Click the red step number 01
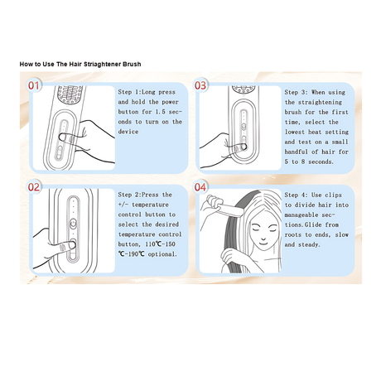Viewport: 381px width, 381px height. [33, 85]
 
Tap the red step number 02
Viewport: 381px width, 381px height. [34, 187]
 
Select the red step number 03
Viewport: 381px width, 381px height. [200, 85]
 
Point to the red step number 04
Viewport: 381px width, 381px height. [200, 187]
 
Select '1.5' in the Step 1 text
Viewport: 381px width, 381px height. [160, 112]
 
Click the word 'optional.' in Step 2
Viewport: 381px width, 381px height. [162, 254]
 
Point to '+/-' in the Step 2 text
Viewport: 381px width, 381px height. [123, 205]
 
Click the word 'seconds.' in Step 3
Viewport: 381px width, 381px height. [321, 162]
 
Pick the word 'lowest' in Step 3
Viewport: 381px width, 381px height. [294, 132]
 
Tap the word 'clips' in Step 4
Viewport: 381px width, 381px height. [334, 195]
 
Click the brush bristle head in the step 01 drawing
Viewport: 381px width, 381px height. [70, 94]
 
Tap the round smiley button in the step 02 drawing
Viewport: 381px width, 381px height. [73, 223]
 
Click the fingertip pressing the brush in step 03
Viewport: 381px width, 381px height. [243, 147]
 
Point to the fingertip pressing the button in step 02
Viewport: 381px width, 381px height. [71, 244]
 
